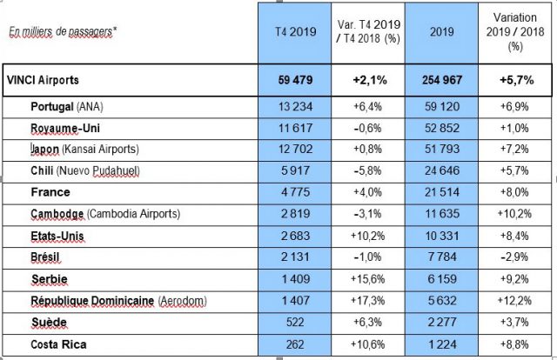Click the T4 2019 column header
294,31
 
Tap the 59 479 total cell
294,79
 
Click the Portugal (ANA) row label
64,108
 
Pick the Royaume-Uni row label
62,128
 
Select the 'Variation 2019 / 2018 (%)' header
516,31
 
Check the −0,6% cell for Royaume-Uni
367,128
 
